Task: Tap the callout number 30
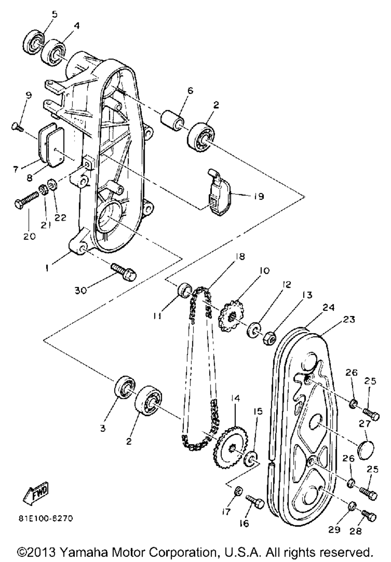81,290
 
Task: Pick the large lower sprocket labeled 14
230,447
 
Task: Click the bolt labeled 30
124,272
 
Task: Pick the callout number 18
240,257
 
